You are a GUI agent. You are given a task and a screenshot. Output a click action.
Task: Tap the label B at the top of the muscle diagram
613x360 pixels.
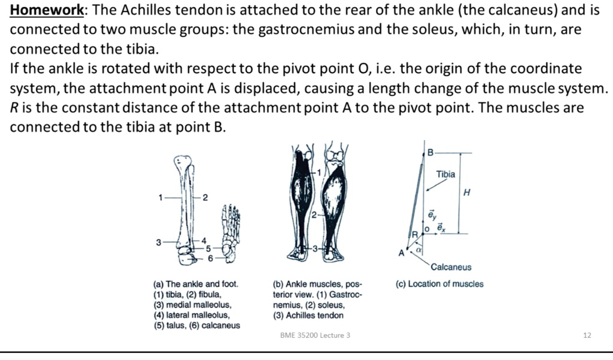[x=429, y=153]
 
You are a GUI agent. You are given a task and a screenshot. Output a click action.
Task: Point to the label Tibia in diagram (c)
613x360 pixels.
[x=445, y=174]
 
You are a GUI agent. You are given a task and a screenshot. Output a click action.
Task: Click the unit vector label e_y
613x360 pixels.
[x=432, y=214]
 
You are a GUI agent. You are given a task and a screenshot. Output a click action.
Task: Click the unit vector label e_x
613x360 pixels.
[x=441, y=228]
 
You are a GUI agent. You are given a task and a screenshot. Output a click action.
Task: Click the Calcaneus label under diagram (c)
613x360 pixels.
[x=451, y=267]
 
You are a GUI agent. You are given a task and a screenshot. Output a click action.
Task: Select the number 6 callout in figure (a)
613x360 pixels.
[x=210, y=258]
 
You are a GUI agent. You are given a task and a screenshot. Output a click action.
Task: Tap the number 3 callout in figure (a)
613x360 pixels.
[x=159, y=243]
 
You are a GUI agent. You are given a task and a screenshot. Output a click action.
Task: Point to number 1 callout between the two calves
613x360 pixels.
[x=319, y=173]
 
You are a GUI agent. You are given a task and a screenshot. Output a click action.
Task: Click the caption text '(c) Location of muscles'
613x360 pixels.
[x=439, y=284]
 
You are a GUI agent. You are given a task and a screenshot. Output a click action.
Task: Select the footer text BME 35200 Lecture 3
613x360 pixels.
[x=315, y=335]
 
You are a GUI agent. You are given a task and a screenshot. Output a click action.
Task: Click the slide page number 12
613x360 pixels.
[x=586, y=335]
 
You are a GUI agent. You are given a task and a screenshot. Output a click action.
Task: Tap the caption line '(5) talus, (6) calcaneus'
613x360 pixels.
[x=196, y=325]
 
